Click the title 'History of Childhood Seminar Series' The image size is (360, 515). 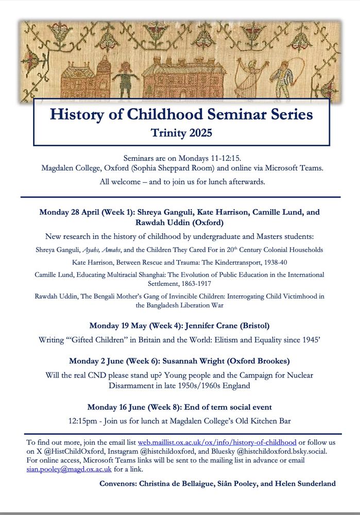click(x=181, y=114)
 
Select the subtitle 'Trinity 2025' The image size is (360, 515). click(x=181, y=133)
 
